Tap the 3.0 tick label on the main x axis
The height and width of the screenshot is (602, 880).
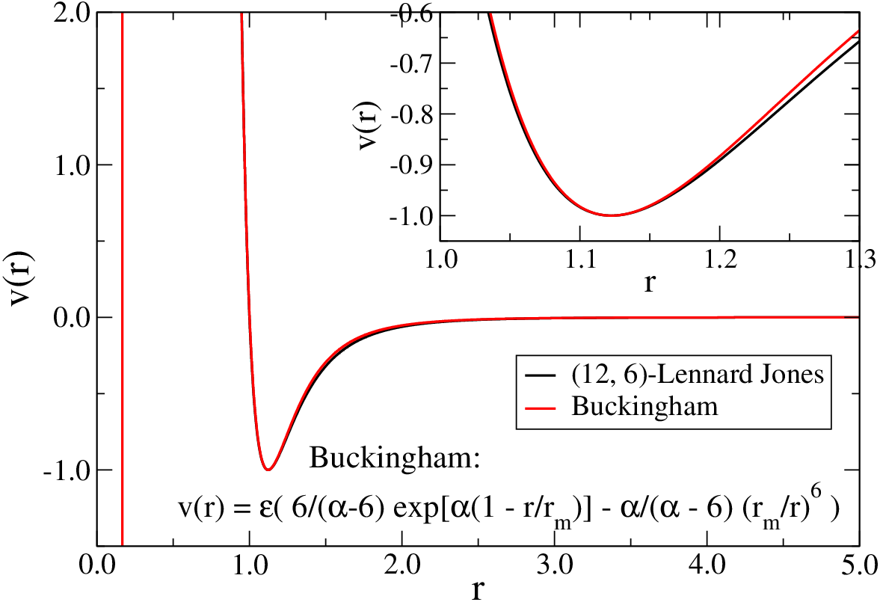(x=555, y=565)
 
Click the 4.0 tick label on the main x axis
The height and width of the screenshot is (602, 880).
(x=707, y=565)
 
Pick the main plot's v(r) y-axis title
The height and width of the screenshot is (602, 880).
(x=22, y=279)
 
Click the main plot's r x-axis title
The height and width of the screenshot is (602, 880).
(x=478, y=590)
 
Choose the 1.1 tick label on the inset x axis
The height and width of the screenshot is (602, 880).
(x=580, y=260)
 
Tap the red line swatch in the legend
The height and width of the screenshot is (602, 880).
(x=540, y=407)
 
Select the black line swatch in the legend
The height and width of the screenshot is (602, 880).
(x=540, y=375)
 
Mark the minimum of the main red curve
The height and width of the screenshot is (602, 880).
(x=268, y=470)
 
